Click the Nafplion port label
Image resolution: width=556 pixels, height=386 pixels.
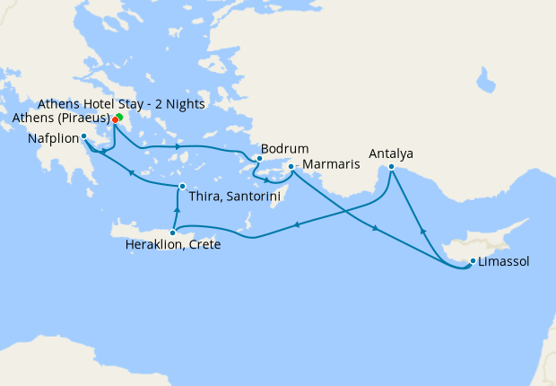[53, 138]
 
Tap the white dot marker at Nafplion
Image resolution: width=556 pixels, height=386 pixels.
[83, 136]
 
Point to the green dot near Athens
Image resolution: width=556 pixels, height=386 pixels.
[119, 116]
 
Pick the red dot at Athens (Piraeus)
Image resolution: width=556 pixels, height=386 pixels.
[115, 119]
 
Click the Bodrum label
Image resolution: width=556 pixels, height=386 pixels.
[284, 148]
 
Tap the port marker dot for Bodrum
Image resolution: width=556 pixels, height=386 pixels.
[259, 159]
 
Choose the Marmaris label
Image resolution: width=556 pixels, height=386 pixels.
[329, 165]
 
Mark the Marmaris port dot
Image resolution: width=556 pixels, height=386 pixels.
[291, 167]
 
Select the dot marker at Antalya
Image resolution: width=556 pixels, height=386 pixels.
[392, 165]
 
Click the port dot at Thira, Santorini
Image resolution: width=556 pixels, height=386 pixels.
[181, 187]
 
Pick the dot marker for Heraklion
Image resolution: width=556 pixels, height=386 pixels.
[173, 232]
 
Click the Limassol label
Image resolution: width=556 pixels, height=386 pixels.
[503, 261]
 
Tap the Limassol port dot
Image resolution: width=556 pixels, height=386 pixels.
[473, 262]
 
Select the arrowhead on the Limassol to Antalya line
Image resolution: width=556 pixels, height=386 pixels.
[422, 231]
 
